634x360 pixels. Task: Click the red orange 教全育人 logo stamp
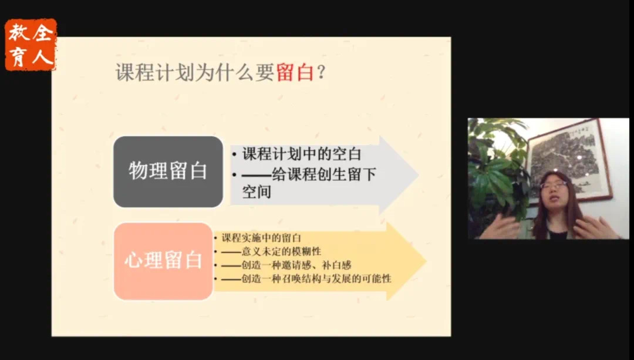pyautogui.click(x=31, y=45)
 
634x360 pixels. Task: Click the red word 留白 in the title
pyautogui.click(x=295, y=73)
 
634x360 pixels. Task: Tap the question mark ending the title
pyautogui.click(x=321, y=73)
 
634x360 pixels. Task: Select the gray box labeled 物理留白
pyautogui.click(x=168, y=172)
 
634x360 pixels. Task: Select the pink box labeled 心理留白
pyautogui.click(x=163, y=261)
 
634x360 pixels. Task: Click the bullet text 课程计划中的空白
pyautogui.click(x=301, y=154)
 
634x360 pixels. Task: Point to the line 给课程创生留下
pyautogui.click(x=309, y=174)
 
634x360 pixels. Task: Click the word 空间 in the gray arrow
pyautogui.click(x=257, y=191)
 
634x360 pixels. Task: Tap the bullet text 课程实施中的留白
pyautogui.click(x=261, y=238)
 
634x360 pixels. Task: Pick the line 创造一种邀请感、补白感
pyautogui.click(x=286, y=265)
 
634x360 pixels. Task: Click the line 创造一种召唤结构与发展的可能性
pyautogui.click(x=306, y=279)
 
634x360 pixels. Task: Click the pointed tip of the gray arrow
pyautogui.click(x=418, y=174)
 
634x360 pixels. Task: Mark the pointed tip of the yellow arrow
pyautogui.click(x=426, y=261)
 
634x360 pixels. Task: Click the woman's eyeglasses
pyautogui.click(x=553, y=186)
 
